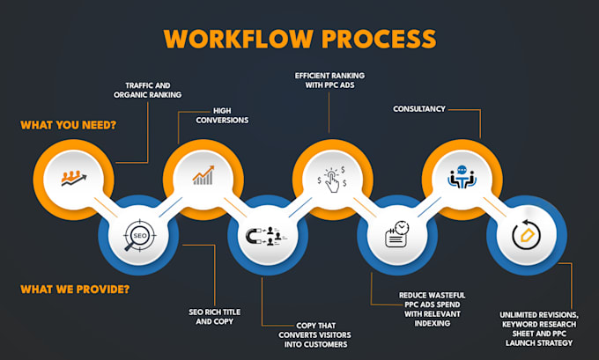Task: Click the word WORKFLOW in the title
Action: pyautogui.click(x=239, y=39)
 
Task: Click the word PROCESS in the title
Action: pyautogui.click(x=379, y=39)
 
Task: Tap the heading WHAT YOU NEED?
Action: pyautogui.click(x=69, y=125)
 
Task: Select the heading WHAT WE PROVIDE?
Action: pyautogui.click(x=75, y=290)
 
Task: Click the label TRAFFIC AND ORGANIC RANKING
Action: pyautogui.click(x=147, y=90)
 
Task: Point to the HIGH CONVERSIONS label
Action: pyautogui.click(x=222, y=115)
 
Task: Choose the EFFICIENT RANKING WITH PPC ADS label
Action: pyautogui.click(x=329, y=81)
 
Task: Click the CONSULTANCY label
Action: pyautogui.click(x=419, y=109)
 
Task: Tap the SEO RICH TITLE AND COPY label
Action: pyautogui.click(x=215, y=317)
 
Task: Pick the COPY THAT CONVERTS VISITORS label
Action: pyautogui.click(x=314, y=334)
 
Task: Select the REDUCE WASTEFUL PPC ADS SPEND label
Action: pyautogui.click(x=432, y=309)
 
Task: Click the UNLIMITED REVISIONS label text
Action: pyautogui.click(x=539, y=328)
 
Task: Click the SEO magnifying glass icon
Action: pyautogui.click(x=139, y=235)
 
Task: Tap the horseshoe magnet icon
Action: pyautogui.click(x=266, y=236)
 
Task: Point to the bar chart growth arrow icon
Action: pyautogui.click(x=203, y=175)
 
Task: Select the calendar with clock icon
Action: pyautogui.click(x=397, y=233)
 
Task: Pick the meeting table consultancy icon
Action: pyautogui.click(x=462, y=177)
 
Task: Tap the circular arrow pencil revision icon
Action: pyautogui.click(x=527, y=234)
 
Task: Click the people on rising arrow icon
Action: pyautogui.click(x=74, y=179)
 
